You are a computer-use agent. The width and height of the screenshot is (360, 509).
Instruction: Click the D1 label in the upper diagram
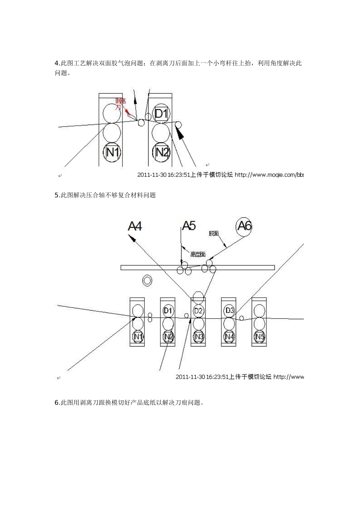click(161, 113)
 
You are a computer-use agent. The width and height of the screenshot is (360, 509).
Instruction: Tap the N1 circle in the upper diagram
click(113, 152)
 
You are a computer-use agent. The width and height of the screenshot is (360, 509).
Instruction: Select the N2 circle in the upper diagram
click(162, 152)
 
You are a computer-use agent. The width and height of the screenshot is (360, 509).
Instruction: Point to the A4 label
click(135, 226)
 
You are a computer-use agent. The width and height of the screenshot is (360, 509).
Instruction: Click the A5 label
click(189, 226)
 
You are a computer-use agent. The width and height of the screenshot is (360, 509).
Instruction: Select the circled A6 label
click(244, 226)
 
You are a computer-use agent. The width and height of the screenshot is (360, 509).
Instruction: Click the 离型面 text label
click(198, 254)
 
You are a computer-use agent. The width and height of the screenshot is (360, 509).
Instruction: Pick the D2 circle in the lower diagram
click(198, 311)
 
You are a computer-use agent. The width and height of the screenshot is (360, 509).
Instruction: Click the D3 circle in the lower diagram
click(229, 311)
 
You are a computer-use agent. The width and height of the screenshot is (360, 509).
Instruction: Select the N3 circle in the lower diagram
click(198, 336)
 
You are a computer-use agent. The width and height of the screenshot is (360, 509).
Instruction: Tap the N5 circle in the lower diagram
click(260, 336)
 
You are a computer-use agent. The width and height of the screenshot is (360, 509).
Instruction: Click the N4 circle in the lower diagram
click(229, 336)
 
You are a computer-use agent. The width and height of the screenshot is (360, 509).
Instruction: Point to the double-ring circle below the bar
click(147, 281)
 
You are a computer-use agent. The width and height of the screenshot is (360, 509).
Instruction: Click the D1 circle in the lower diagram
click(168, 311)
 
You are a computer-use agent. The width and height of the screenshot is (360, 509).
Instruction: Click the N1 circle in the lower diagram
click(137, 336)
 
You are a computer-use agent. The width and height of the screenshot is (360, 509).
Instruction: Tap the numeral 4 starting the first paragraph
click(56, 63)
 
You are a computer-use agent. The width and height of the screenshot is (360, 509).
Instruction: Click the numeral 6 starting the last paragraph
click(56, 403)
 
